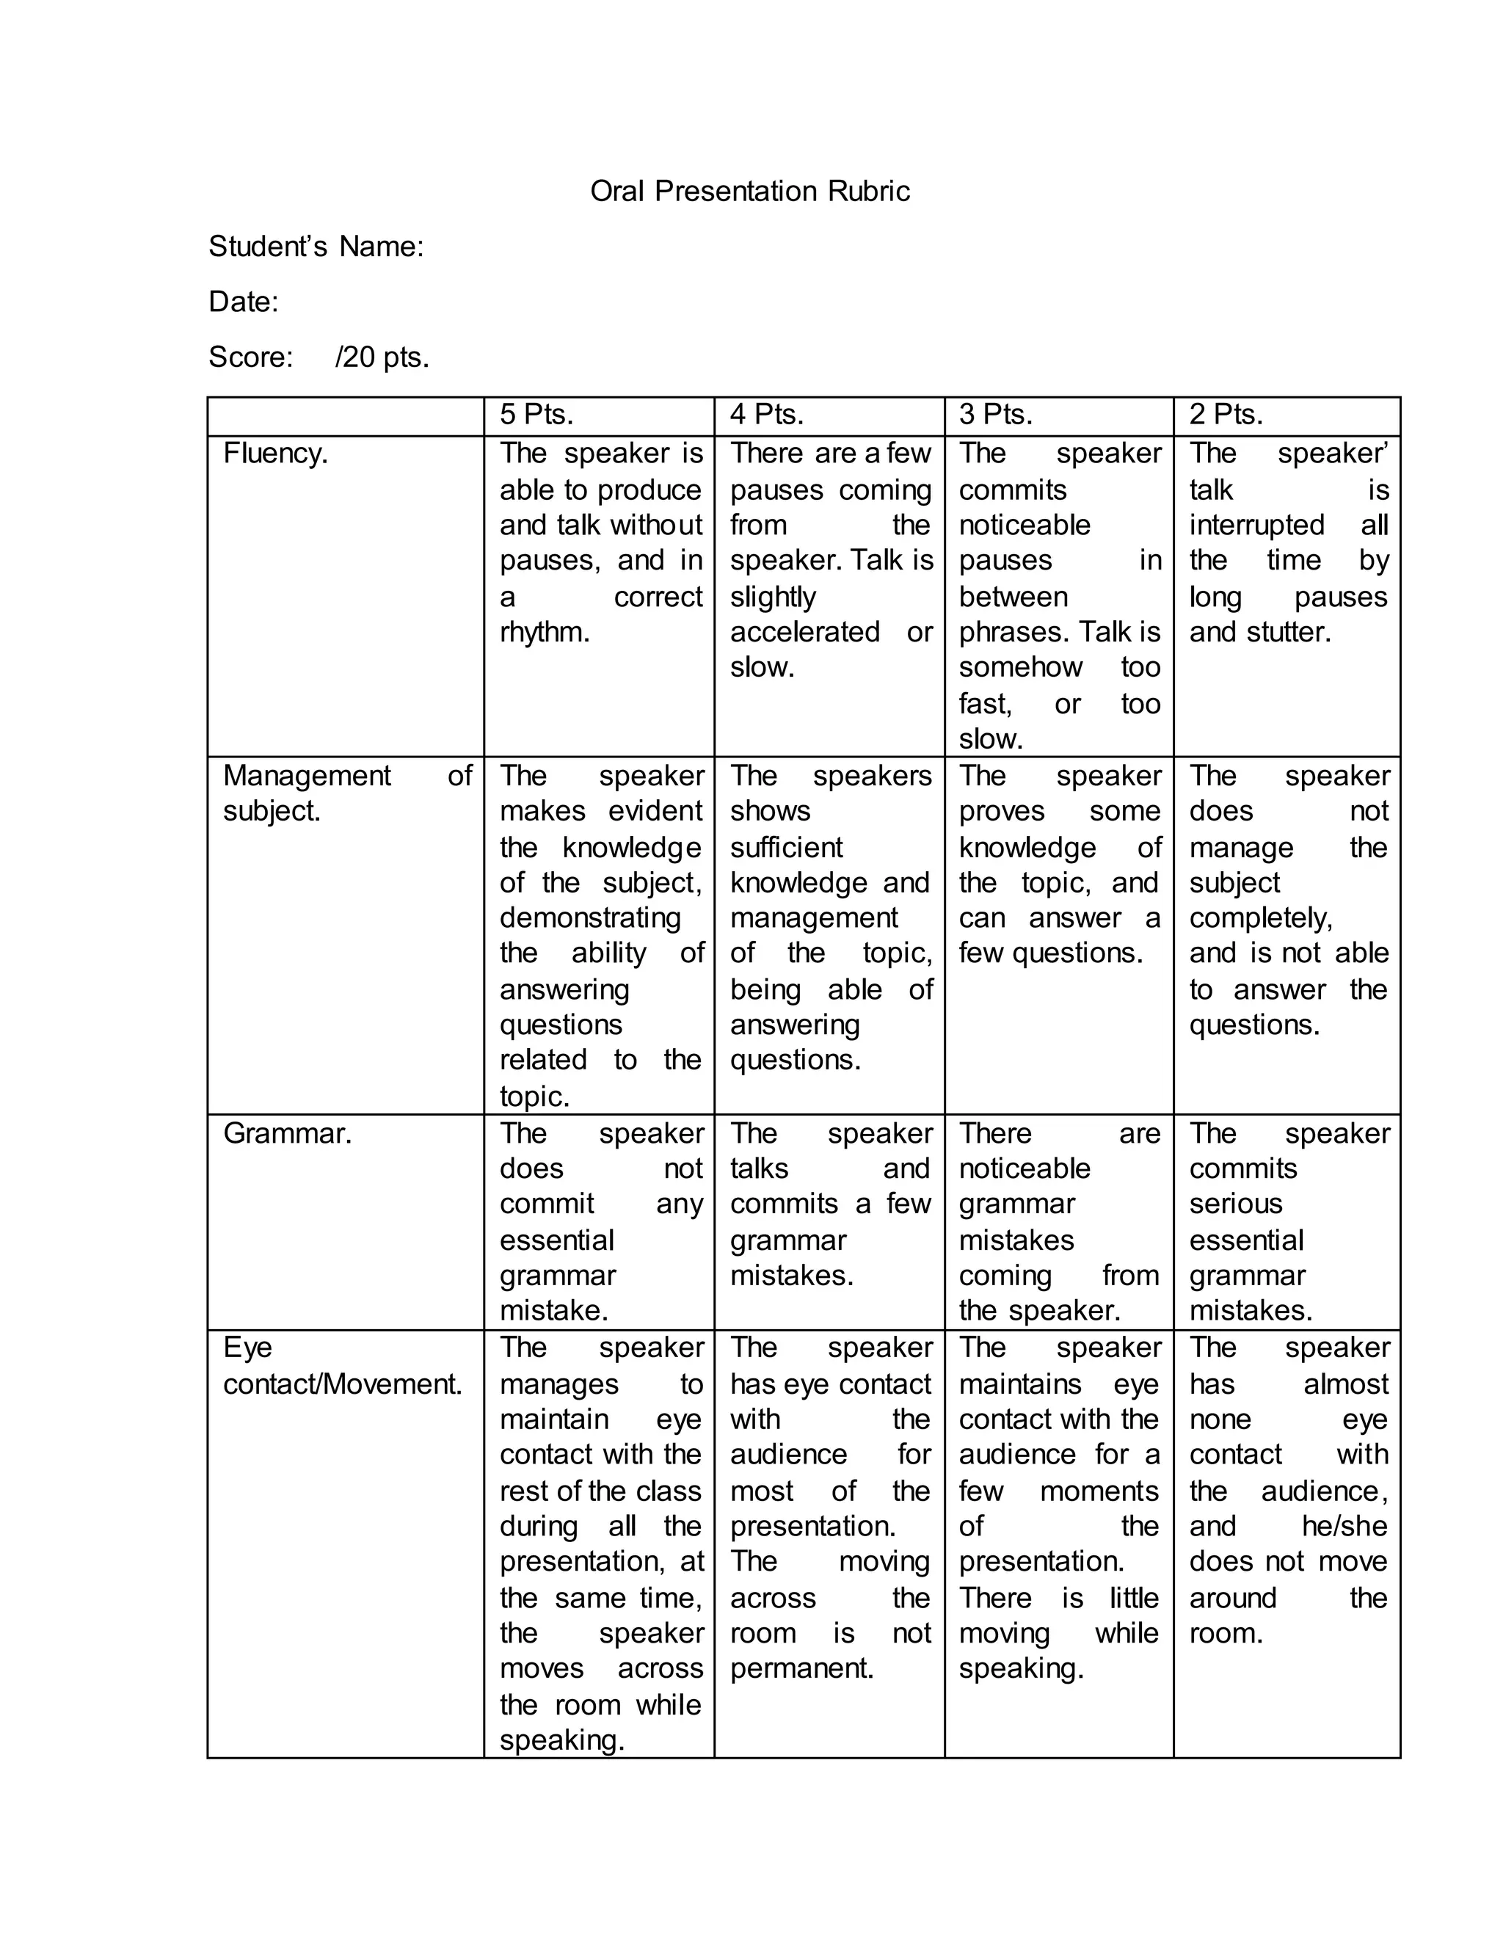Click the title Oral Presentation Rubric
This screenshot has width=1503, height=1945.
pos(750,192)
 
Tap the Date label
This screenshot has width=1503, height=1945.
pos(243,302)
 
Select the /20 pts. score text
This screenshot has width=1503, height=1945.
pos(382,357)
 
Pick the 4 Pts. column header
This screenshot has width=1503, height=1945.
pos(767,414)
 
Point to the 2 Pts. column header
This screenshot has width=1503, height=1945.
pos(1226,414)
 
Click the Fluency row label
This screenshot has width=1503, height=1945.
pos(275,454)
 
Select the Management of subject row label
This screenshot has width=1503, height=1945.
pos(346,793)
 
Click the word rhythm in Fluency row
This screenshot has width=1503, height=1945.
pos(544,632)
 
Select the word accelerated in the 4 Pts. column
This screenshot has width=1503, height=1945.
pos(805,632)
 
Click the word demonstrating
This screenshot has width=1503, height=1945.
pos(589,918)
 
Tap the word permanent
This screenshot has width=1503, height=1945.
pos(801,1668)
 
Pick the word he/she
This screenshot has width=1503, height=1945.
pos(1344,1526)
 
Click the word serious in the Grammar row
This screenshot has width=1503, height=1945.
pos(1235,1204)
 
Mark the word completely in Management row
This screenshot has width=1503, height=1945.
pos(1260,918)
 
